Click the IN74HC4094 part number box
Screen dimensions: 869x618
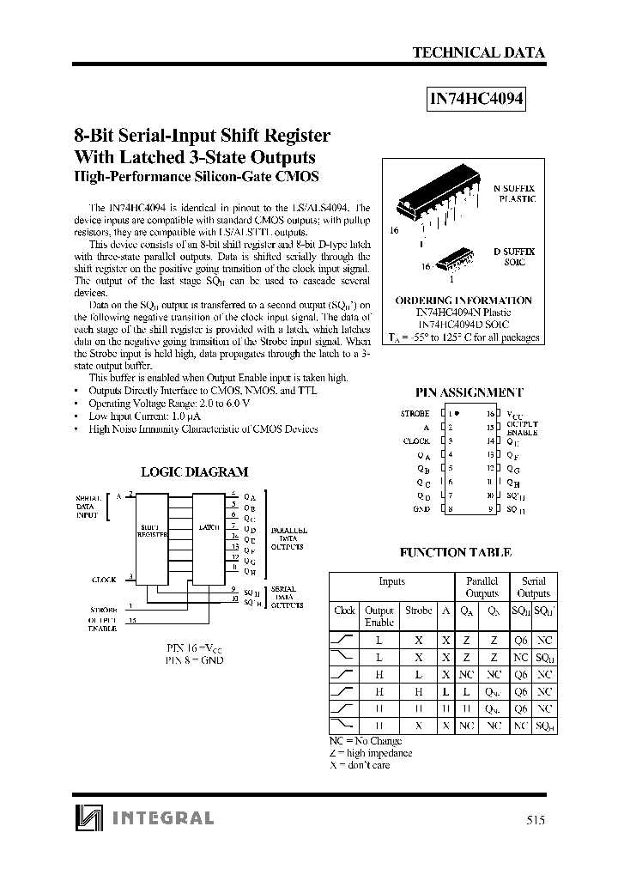[476, 98]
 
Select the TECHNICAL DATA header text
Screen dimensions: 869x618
[478, 53]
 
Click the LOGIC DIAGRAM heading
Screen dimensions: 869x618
[193, 471]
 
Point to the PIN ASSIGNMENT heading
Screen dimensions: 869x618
[469, 392]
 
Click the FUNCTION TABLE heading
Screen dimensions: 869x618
[456, 553]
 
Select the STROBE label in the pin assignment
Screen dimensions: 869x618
[415, 413]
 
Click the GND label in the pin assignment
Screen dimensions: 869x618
[421, 510]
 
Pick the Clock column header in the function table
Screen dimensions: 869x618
[344, 611]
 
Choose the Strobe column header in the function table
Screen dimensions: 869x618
[418, 611]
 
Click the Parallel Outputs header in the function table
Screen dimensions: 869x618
[482, 587]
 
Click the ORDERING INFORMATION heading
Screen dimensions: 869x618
[463, 301]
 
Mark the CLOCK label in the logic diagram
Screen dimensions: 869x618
[104, 580]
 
